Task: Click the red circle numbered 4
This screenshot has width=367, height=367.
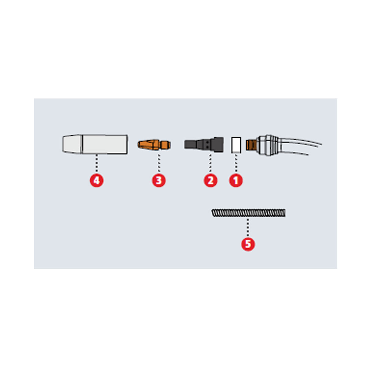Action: [x=97, y=180]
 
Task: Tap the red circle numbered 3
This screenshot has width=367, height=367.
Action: [x=159, y=180]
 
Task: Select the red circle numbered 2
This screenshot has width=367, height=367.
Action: [x=210, y=180]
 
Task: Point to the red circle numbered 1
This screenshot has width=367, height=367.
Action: [x=236, y=180]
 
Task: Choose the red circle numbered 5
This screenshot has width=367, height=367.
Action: [x=248, y=244]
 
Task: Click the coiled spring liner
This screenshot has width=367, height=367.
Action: [x=249, y=213]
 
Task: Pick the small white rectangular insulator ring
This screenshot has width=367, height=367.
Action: [x=236, y=145]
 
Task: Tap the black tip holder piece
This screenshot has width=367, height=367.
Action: [x=204, y=144]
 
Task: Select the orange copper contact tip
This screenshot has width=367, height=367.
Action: [x=154, y=145]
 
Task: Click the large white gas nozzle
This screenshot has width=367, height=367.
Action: [x=95, y=144]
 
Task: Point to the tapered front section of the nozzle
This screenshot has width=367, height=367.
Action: [x=72, y=144]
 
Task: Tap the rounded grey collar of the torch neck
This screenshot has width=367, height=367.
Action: [x=269, y=145]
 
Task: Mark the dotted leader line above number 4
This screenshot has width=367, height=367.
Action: [x=97, y=164]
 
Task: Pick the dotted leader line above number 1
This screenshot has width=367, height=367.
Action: [x=236, y=163]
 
